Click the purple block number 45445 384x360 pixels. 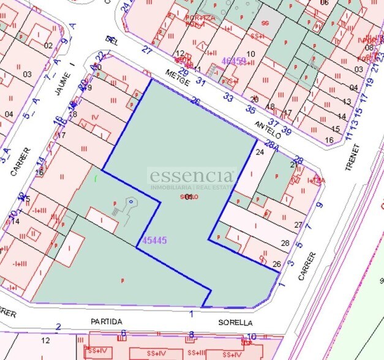point(154,241)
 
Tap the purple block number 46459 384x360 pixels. point(233,61)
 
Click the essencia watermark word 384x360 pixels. point(192,176)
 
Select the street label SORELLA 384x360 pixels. point(235,322)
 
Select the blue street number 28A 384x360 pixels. point(273,147)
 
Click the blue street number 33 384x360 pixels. point(228,96)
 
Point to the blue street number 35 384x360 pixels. point(250,110)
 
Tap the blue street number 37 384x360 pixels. point(274,124)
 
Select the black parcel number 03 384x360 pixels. point(27,74)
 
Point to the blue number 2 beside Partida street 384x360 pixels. point(58,327)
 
